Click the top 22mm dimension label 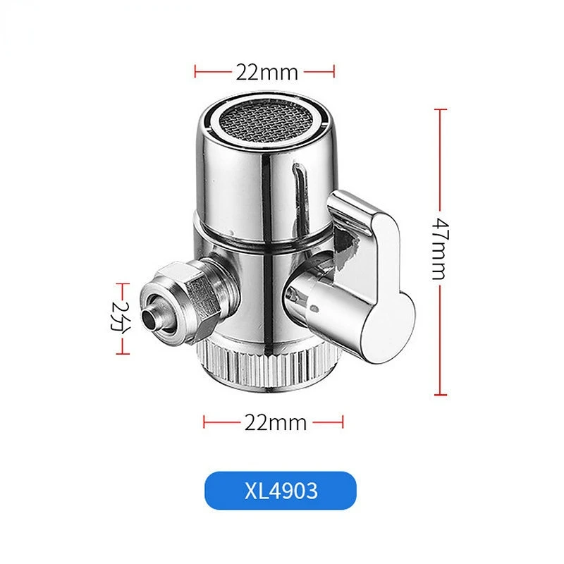(267, 73)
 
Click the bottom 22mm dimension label (276, 422)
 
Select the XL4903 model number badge (281, 490)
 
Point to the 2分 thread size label (121, 316)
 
